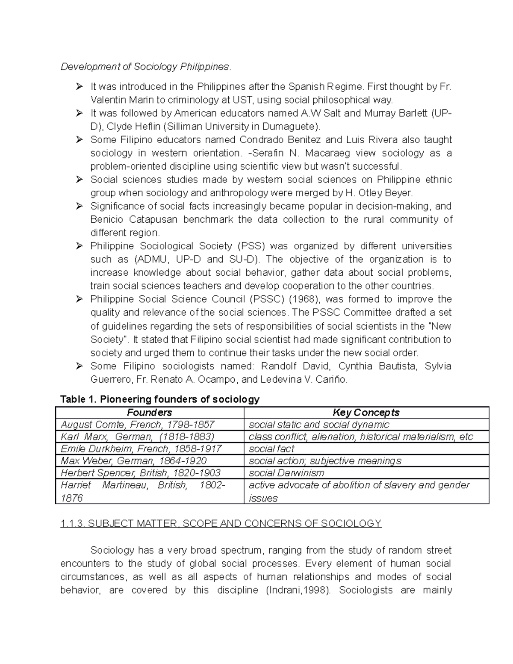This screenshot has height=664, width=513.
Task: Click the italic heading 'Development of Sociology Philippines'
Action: pyautogui.click(x=145, y=67)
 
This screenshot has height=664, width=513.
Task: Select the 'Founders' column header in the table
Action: pyautogui.click(x=149, y=413)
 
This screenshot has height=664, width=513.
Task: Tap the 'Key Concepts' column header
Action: pyautogui.click(x=366, y=413)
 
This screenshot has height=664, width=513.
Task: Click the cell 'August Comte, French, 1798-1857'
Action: pyautogui.click(x=137, y=425)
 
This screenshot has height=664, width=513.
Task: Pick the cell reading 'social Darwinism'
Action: pyautogui.click(x=286, y=473)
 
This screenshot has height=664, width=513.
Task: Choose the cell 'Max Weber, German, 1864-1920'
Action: pyautogui.click(x=133, y=461)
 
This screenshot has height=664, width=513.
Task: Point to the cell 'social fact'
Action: pyautogui.click(x=271, y=449)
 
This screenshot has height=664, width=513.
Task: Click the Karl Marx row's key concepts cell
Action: pyautogui.click(x=361, y=437)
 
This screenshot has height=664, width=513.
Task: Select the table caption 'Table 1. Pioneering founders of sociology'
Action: pyautogui.click(x=160, y=399)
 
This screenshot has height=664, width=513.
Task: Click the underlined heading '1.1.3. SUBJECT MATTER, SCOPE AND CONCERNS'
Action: pyautogui.click(x=221, y=524)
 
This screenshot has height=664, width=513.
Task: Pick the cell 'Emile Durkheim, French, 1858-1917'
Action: pyautogui.click(x=141, y=449)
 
